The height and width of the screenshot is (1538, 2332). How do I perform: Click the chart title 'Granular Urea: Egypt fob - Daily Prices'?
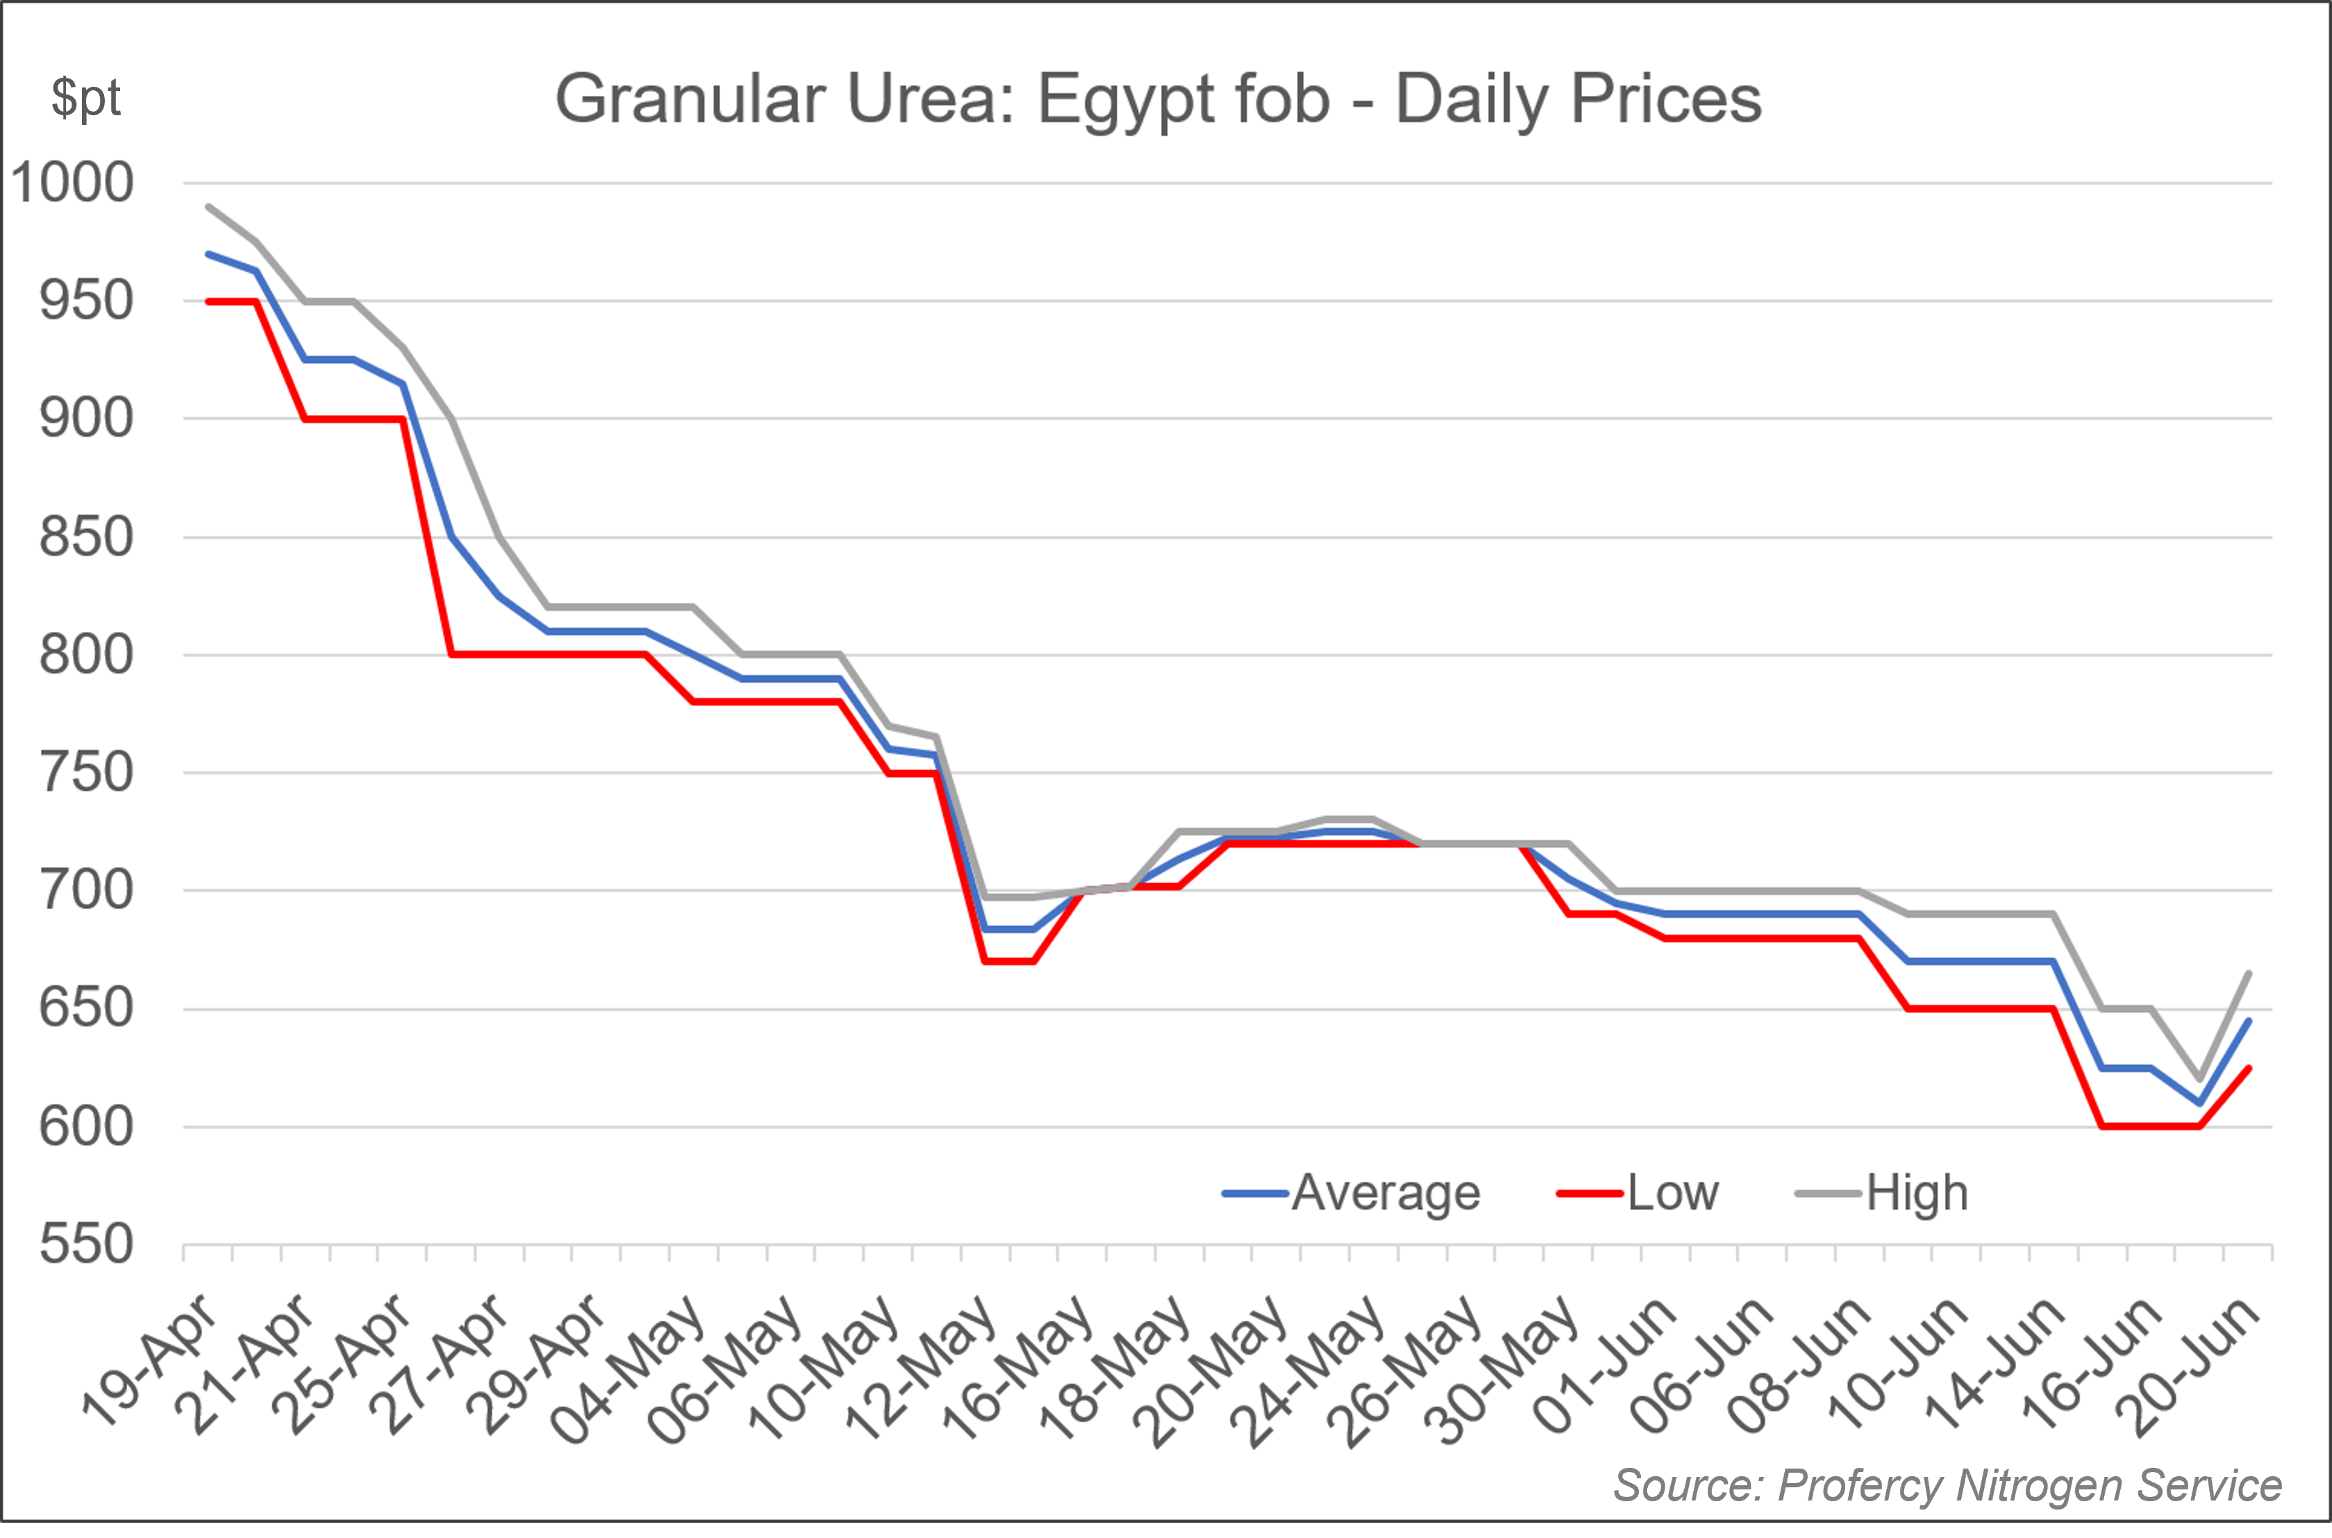[x=1158, y=99]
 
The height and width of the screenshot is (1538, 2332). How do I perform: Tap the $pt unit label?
[x=86, y=98]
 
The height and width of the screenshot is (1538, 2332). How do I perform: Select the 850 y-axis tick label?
[x=86, y=537]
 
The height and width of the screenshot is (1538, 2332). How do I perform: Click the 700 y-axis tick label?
[x=86, y=891]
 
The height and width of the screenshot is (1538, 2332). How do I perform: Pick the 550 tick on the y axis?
[x=86, y=1245]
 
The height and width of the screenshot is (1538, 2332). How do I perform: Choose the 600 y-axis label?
[x=86, y=1127]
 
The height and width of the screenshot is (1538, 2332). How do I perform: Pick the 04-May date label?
[x=633, y=1369]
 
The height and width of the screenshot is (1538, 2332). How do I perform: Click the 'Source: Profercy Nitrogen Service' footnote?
[x=1947, y=1486]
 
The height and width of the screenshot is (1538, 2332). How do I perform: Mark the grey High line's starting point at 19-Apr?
[x=208, y=207]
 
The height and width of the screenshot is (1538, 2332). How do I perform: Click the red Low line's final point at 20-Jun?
[x=2249, y=1068]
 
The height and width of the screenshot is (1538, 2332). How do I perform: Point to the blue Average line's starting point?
[x=208, y=254]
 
